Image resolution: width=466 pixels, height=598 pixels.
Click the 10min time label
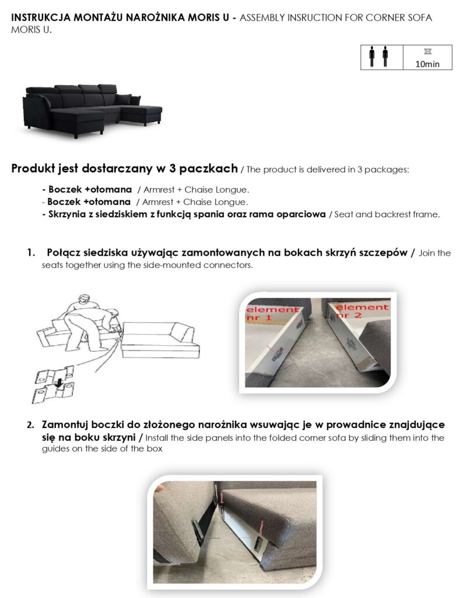(427, 64)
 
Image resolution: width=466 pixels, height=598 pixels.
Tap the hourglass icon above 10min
(428, 51)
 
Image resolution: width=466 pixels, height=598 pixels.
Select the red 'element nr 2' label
(361, 311)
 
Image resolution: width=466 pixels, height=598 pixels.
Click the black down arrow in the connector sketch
(58, 383)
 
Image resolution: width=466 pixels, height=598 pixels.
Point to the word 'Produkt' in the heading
(33, 168)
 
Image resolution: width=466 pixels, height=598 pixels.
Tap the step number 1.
(31, 252)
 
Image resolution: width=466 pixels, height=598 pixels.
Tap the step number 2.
(30, 425)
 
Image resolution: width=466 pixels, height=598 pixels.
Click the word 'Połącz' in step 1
(63, 253)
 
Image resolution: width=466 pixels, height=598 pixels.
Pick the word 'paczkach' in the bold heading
(208, 168)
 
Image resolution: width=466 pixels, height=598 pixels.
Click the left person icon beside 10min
(372, 57)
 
